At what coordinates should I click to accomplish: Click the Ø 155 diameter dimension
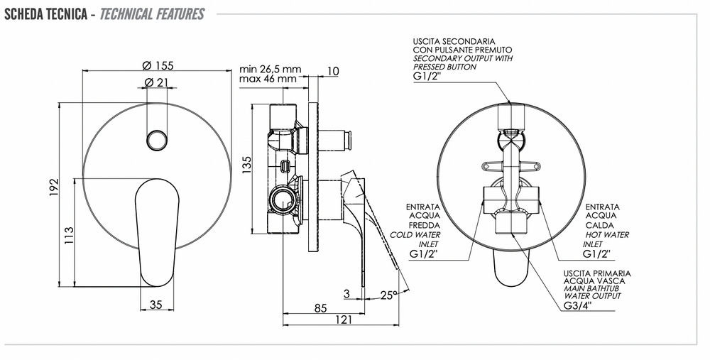(x=158, y=65)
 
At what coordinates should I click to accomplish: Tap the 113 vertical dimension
(x=68, y=236)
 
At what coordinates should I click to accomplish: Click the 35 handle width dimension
(x=155, y=305)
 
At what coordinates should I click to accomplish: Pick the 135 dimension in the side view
(x=246, y=165)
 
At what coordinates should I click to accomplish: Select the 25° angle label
(x=388, y=295)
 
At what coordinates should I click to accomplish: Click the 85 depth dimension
(x=320, y=308)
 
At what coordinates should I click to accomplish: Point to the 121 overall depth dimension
(x=344, y=320)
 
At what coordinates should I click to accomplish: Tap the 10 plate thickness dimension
(x=333, y=71)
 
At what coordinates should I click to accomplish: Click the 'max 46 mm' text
(x=268, y=79)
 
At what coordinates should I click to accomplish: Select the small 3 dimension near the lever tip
(x=346, y=293)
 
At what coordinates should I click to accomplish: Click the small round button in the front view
(x=157, y=139)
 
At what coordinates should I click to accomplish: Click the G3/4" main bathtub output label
(x=577, y=305)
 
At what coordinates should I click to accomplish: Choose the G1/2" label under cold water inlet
(x=424, y=254)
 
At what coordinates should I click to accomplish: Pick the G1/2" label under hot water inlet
(x=597, y=253)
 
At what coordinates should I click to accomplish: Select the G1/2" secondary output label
(x=427, y=76)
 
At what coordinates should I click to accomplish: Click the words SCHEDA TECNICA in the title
(x=45, y=14)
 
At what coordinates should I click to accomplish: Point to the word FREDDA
(x=425, y=225)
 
